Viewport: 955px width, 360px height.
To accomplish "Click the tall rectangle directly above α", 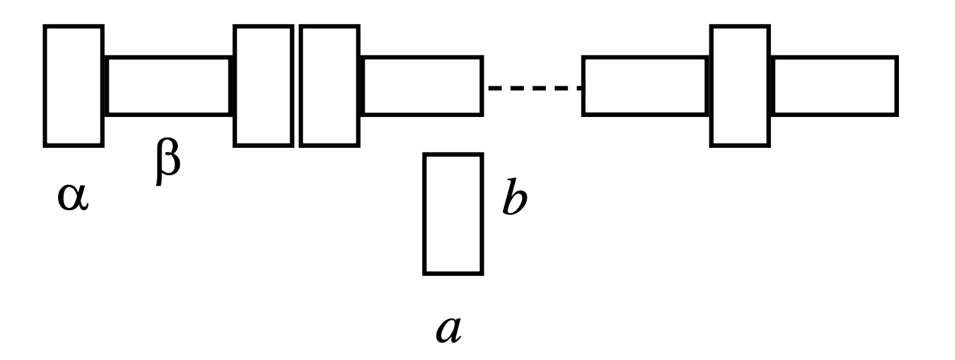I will click(x=74, y=86).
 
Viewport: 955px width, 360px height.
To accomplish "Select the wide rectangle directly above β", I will click(x=168, y=86).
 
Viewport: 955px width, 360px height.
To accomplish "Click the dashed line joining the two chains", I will click(x=534, y=88).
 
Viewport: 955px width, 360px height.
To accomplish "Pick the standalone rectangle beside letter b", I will click(x=454, y=214).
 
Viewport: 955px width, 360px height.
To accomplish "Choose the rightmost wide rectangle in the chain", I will click(x=834, y=86).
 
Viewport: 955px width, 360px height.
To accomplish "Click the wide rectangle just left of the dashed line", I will click(x=422, y=86).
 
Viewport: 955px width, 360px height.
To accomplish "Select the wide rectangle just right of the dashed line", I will click(x=644, y=86).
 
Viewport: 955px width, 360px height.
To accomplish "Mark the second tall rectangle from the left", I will click(x=263, y=86).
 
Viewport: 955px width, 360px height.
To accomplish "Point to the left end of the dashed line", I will click(x=488, y=88).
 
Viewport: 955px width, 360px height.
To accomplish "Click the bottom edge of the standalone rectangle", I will click(x=454, y=273).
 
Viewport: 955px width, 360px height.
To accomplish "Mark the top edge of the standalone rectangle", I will click(x=454, y=156).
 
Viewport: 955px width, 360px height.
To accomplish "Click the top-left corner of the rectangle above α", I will click(x=46, y=27).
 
